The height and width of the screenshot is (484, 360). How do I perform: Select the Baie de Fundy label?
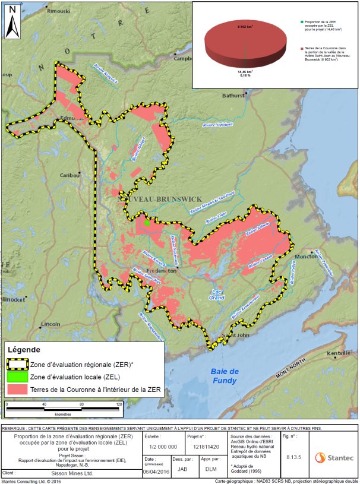(x=224, y=376)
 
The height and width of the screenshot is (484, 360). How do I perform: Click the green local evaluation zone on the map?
(x=146, y=223)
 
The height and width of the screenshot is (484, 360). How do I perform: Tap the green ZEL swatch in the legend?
(x=18, y=377)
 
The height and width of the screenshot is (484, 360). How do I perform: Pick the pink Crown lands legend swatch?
(x=18, y=390)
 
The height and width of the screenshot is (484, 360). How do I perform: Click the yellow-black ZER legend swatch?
(x=18, y=363)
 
